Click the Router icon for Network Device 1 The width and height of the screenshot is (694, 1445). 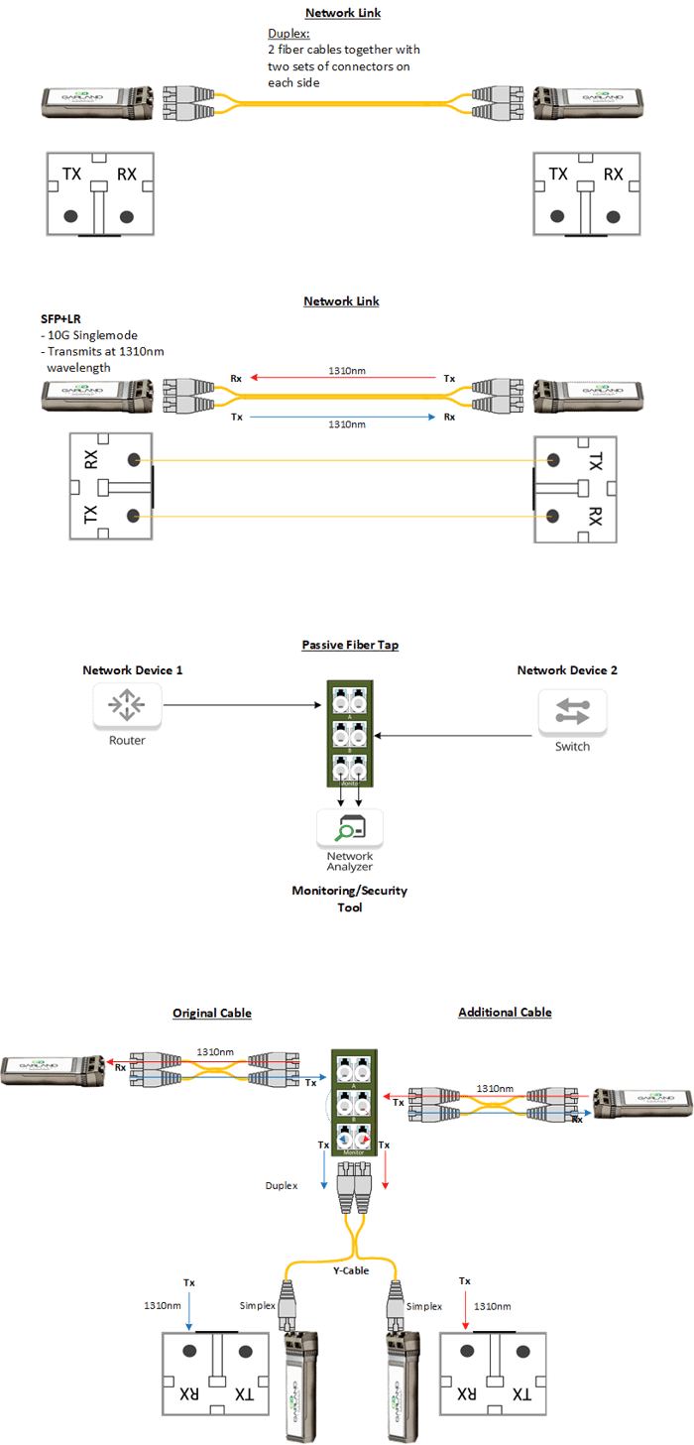[x=128, y=705]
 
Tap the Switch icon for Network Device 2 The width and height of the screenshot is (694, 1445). [x=572, y=710]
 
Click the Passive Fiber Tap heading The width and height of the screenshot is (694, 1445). [x=350, y=645]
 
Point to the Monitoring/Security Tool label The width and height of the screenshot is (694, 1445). [x=349, y=899]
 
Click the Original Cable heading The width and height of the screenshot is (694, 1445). [x=212, y=1013]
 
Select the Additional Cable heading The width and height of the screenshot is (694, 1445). [x=505, y=1013]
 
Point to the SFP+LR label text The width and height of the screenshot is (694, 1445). [x=59, y=319]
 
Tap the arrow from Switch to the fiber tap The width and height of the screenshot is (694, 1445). [x=455, y=735]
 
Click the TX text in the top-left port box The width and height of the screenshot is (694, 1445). [x=72, y=174]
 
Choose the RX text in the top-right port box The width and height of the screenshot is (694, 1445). [x=614, y=174]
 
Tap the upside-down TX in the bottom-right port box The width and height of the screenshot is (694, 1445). [x=519, y=1392]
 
